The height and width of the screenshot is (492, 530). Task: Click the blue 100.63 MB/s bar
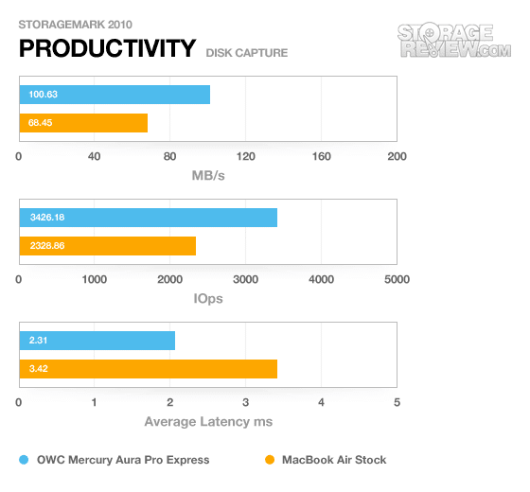click(115, 95)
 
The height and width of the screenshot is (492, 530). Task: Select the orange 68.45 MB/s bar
click(83, 123)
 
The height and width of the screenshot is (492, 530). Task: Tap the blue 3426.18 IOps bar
click(149, 218)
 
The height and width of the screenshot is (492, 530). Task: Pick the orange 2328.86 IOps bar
click(108, 246)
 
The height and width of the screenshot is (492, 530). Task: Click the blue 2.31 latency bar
click(97, 341)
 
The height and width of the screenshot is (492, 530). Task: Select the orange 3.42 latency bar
click(149, 369)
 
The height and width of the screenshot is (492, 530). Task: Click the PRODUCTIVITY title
click(108, 48)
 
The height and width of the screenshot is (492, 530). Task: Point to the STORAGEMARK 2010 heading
click(76, 25)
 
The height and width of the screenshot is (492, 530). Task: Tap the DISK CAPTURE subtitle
click(247, 53)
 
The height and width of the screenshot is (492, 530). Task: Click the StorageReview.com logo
click(454, 40)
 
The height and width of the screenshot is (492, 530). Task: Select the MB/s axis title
click(208, 176)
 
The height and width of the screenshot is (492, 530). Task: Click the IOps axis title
click(208, 299)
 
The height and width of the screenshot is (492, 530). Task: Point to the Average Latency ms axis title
click(208, 422)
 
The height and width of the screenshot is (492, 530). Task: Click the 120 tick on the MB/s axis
click(246, 156)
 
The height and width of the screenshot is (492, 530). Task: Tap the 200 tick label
click(397, 156)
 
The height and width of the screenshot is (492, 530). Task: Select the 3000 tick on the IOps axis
click(246, 279)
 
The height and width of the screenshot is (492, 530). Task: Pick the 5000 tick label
click(397, 279)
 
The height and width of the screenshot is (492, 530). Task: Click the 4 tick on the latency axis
click(321, 402)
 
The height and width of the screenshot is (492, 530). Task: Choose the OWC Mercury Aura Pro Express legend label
click(123, 460)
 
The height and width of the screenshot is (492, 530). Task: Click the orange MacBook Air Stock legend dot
click(270, 460)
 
